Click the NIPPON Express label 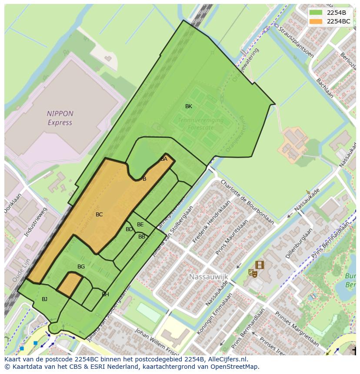coord(60,118)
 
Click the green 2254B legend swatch coord(316,13)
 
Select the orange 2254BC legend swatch coord(316,21)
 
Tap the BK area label coord(189,106)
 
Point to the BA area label coord(164,159)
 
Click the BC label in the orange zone coord(99,215)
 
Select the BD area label coord(129,229)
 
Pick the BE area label coord(140,225)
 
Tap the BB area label coord(142,237)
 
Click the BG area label coord(81,267)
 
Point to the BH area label coord(105,295)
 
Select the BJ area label coord(44,299)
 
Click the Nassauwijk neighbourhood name coord(208,276)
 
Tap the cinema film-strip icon coord(260,265)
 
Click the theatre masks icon coord(252,273)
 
